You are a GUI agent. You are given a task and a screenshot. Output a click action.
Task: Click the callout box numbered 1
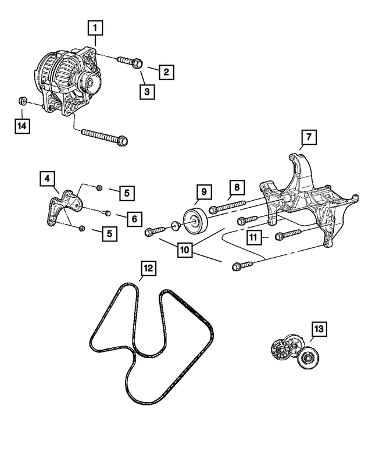[96, 27]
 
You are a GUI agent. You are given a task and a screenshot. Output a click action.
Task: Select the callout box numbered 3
[147, 91]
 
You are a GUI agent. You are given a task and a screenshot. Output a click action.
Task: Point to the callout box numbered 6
[134, 219]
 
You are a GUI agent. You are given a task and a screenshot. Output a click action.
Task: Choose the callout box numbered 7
[309, 138]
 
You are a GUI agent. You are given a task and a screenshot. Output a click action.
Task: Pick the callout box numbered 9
[204, 191]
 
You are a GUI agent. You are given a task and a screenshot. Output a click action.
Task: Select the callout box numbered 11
[253, 237]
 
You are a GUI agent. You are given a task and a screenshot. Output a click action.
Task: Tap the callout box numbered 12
[148, 268]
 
